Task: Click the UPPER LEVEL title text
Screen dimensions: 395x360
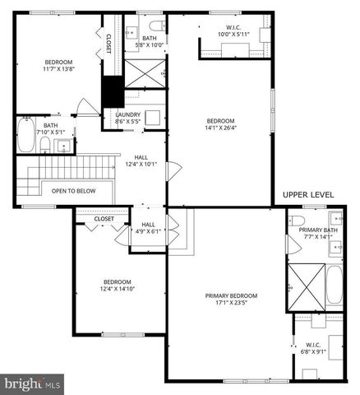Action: (x=308, y=194)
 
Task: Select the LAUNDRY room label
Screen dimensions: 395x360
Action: (x=127, y=114)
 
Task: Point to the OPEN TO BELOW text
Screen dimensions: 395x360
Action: (x=73, y=191)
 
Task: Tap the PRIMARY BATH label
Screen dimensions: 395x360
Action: (x=315, y=230)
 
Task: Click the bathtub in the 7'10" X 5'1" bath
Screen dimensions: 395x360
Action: (x=24, y=137)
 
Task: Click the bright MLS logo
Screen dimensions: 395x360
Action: (x=33, y=383)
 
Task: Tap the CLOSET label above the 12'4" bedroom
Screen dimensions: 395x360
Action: (x=104, y=219)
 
